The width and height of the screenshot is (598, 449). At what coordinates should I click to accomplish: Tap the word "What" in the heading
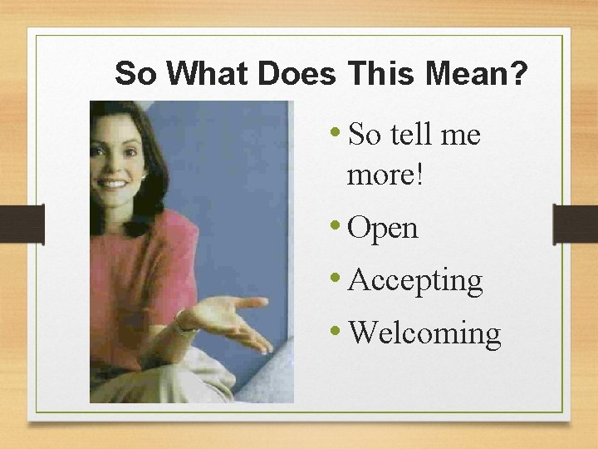[208, 74]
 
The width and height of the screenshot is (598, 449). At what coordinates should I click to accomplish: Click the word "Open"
[383, 228]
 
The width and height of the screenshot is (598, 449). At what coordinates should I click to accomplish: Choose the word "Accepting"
[415, 281]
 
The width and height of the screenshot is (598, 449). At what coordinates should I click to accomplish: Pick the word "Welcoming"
[424, 333]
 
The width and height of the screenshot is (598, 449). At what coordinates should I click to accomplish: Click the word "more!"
[385, 175]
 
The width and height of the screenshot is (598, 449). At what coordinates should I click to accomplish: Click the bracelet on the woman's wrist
[181, 323]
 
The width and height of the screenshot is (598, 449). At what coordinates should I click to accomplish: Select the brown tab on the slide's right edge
[576, 224]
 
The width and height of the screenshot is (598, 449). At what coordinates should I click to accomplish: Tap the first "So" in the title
[135, 74]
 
